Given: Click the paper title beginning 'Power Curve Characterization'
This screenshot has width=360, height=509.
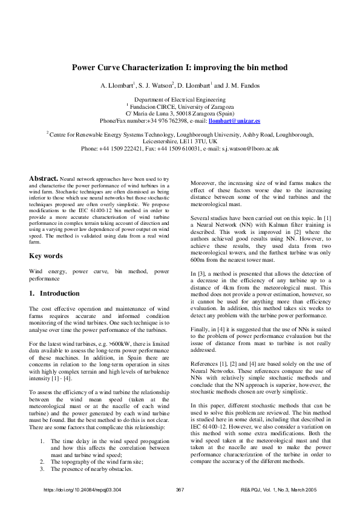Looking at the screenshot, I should pos(180,68).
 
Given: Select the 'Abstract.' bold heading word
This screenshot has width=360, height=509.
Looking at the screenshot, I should pos(44,179).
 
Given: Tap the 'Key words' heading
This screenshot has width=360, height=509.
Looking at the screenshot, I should pos(46,256).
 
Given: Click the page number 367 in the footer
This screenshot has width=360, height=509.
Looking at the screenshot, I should pos(180,490).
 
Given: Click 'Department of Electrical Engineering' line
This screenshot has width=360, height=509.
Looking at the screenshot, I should pos(180,99).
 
